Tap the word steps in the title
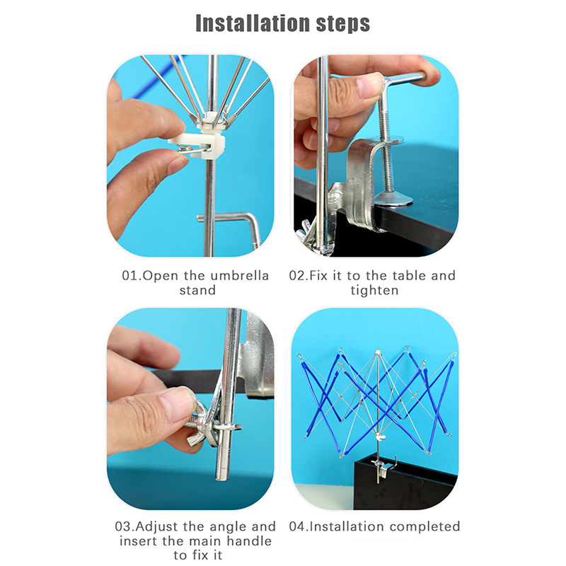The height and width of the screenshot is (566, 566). tap(343, 25)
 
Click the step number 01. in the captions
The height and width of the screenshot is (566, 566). tap(132, 276)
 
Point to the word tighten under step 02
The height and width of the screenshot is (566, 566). tap(375, 291)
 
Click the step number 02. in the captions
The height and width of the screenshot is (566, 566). tap(299, 276)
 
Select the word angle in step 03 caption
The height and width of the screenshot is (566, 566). tap(229, 527)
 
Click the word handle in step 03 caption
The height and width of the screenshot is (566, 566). tap(249, 541)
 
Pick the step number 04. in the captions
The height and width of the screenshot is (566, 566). tap(299, 526)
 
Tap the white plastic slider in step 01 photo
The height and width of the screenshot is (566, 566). tap(202, 141)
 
